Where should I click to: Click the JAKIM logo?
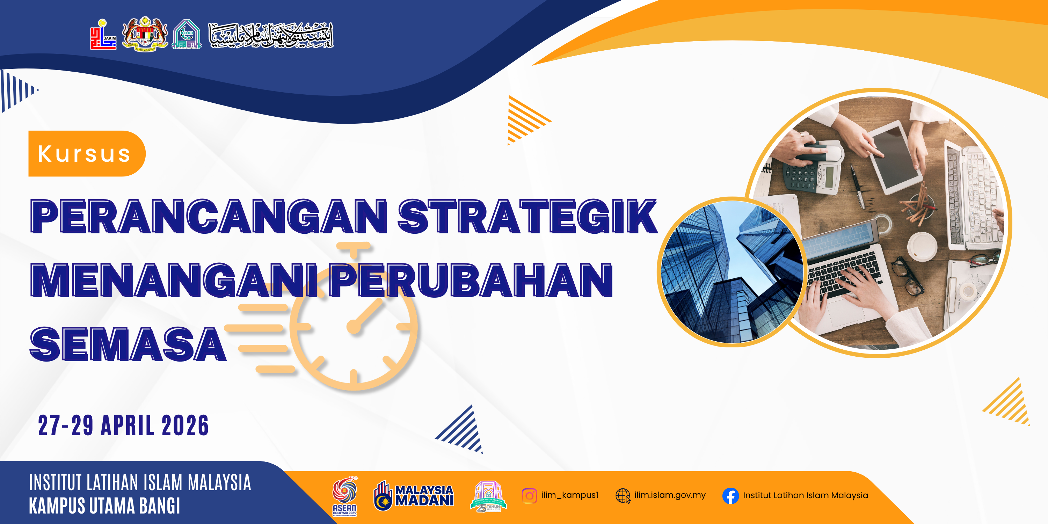pos(103,35)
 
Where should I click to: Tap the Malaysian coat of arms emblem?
pos(145,35)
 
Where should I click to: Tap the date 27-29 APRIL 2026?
pos(123,425)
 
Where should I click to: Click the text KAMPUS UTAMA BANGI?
pos(104,506)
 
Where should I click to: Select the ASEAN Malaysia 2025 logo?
pos(344,495)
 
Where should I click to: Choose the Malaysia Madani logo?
pos(413,495)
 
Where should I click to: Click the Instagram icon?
pos(529,495)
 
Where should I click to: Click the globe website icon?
pos(623,495)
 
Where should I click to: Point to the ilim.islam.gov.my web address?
pos(670,495)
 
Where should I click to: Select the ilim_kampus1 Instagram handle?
pos(569,495)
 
